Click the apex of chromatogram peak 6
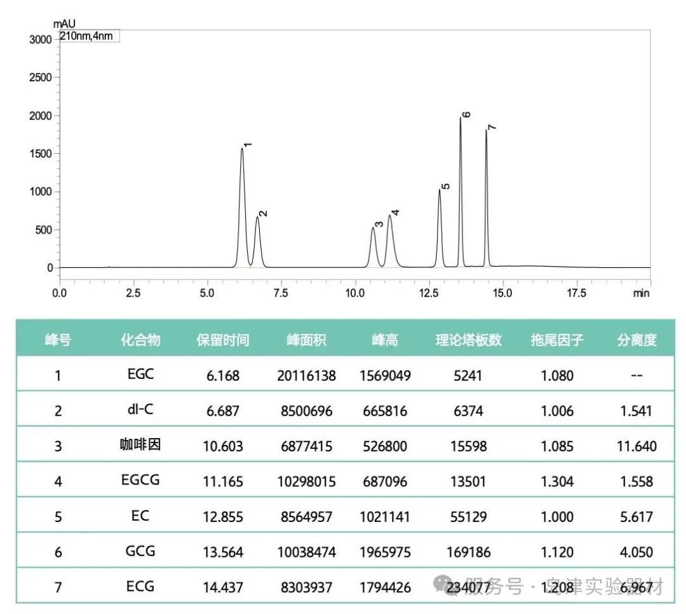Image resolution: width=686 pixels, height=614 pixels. (x=461, y=118)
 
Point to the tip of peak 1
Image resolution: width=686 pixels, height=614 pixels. (x=242, y=149)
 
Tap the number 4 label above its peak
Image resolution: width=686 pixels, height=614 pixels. (x=395, y=212)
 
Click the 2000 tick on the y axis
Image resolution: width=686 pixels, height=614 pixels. (x=41, y=116)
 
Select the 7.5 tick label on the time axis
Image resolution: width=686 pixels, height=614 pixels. (x=280, y=293)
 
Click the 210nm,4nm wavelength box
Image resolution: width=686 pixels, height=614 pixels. (x=89, y=36)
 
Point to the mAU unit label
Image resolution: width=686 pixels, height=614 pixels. (x=64, y=24)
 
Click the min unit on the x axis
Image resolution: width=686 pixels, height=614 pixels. (x=642, y=293)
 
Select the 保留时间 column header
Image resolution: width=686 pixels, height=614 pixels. (x=223, y=340)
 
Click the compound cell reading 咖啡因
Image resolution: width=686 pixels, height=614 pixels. (x=140, y=445)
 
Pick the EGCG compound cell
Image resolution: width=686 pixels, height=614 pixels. (x=140, y=481)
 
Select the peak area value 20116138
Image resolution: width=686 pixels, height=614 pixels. (x=306, y=375)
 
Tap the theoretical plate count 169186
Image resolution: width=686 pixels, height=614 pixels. (x=469, y=552)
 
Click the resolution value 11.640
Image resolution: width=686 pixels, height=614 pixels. (x=636, y=446)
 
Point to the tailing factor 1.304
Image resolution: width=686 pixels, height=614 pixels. (x=557, y=481)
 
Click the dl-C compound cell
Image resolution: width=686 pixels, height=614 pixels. (x=140, y=410)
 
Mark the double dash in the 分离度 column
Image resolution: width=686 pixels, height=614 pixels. (x=636, y=375)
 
